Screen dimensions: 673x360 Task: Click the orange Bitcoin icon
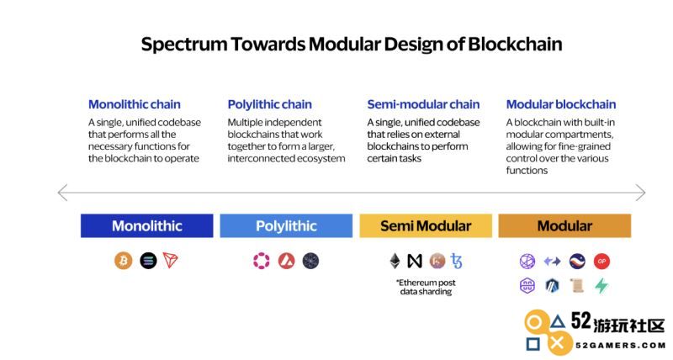[x=123, y=261]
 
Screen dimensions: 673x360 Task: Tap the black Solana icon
[x=148, y=261]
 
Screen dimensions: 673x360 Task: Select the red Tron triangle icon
[x=171, y=260]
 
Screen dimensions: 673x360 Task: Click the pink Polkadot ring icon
[x=262, y=261]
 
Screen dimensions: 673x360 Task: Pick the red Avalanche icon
[x=286, y=261]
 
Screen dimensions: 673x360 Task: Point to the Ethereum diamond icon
[x=395, y=261]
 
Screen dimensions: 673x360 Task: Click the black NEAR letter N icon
[x=415, y=261]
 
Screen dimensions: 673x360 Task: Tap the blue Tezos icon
[x=456, y=261]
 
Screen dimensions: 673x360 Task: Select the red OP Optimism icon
[x=601, y=261]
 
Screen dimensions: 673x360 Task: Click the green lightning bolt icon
[x=601, y=285]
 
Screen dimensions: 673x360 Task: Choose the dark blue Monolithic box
[x=146, y=225]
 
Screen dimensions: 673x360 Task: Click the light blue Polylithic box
[x=286, y=225]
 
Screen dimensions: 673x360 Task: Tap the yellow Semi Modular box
[x=426, y=225]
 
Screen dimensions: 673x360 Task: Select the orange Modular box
[x=564, y=225]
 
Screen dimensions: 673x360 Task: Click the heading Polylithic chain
[x=269, y=104]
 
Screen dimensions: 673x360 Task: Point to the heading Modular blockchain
[x=561, y=104]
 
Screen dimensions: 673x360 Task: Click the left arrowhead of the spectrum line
[x=59, y=193]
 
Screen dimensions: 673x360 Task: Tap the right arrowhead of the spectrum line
[x=644, y=193]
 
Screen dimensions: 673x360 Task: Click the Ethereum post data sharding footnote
[x=426, y=287]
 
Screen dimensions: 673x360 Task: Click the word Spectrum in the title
[x=184, y=45]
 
